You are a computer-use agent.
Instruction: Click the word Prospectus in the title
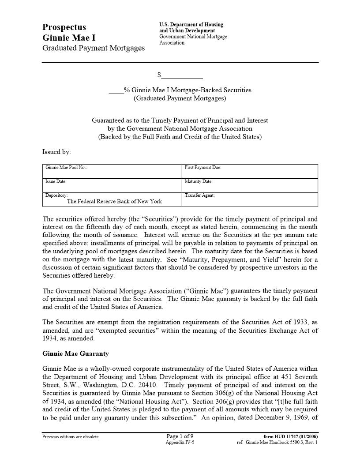(x=64, y=27)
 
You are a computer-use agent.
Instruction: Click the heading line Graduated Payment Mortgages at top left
(x=93, y=48)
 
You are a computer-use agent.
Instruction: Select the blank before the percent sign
(x=116, y=90)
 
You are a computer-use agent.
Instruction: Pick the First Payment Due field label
(x=202, y=168)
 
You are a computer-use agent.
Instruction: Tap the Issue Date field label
(x=56, y=181)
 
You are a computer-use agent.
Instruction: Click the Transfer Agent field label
(x=199, y=195)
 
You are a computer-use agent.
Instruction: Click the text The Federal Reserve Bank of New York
(x=114, y=201)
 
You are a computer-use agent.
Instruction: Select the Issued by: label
(x=56, y=152)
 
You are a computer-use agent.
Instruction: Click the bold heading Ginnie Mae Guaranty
(x=75, y=354)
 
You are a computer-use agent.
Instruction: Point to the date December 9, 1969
(x=284, y=417)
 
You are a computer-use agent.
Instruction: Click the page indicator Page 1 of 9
(x=180, y=436)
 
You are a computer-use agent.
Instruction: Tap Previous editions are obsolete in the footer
(x=71, y=437)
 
